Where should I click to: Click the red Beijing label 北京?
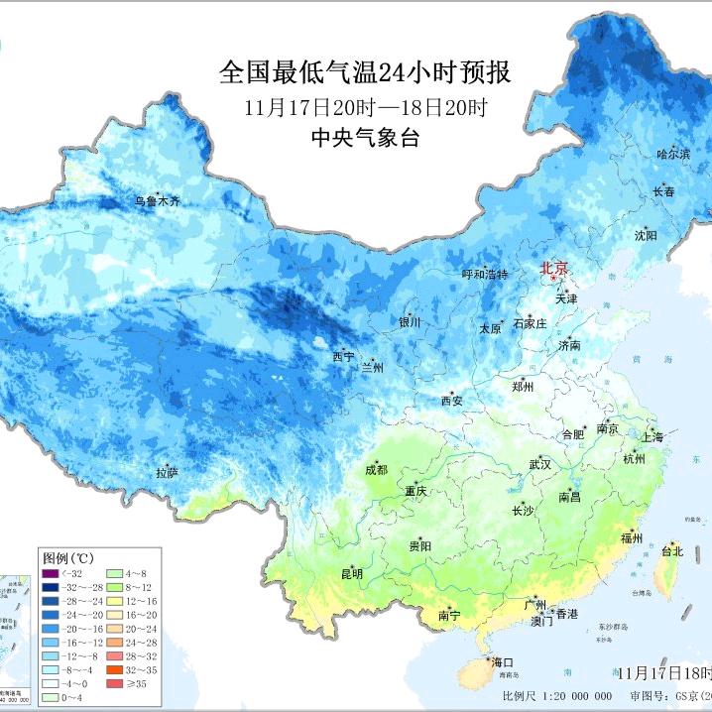coord(554,269)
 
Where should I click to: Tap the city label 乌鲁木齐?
coord(159,201)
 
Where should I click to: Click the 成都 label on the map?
coord(377,470)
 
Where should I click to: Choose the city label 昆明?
coord(352,574)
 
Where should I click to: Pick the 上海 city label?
coord(653,436)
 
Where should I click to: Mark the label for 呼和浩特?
coord(485,274)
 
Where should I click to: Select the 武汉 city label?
coord(539,464)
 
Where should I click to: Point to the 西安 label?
coord(451,401)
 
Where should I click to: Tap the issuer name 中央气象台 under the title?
coord(364,138)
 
